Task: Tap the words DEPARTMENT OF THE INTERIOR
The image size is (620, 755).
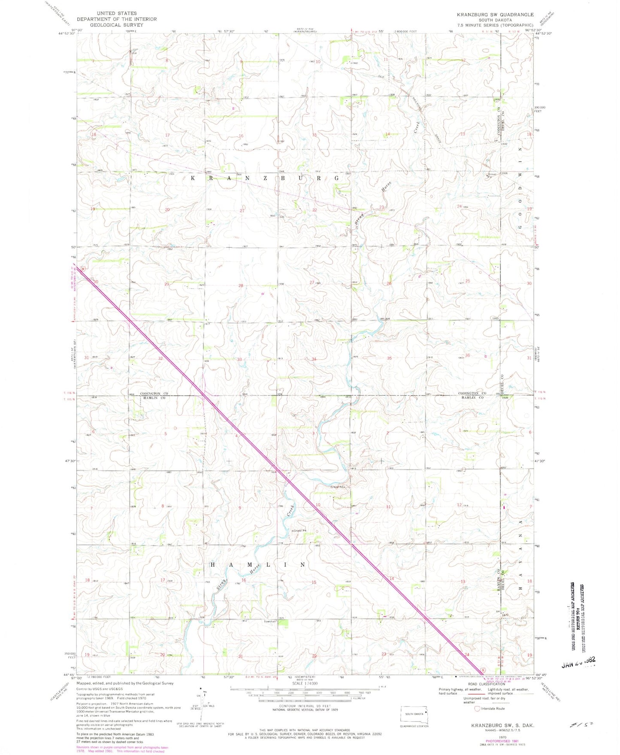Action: [x=117, y=19]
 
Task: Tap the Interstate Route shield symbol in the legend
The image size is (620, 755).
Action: [x=477, y=709]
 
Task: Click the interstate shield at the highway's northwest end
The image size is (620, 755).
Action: [x=83, y=268]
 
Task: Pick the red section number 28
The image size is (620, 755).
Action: [x=241, y=286]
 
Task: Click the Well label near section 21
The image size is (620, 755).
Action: [x=272, y=216]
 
